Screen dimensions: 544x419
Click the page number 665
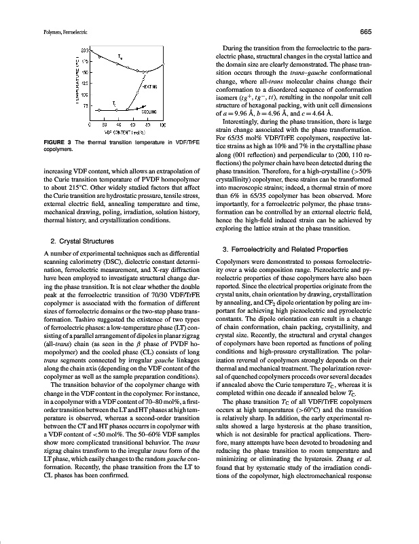click(384, 32)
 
